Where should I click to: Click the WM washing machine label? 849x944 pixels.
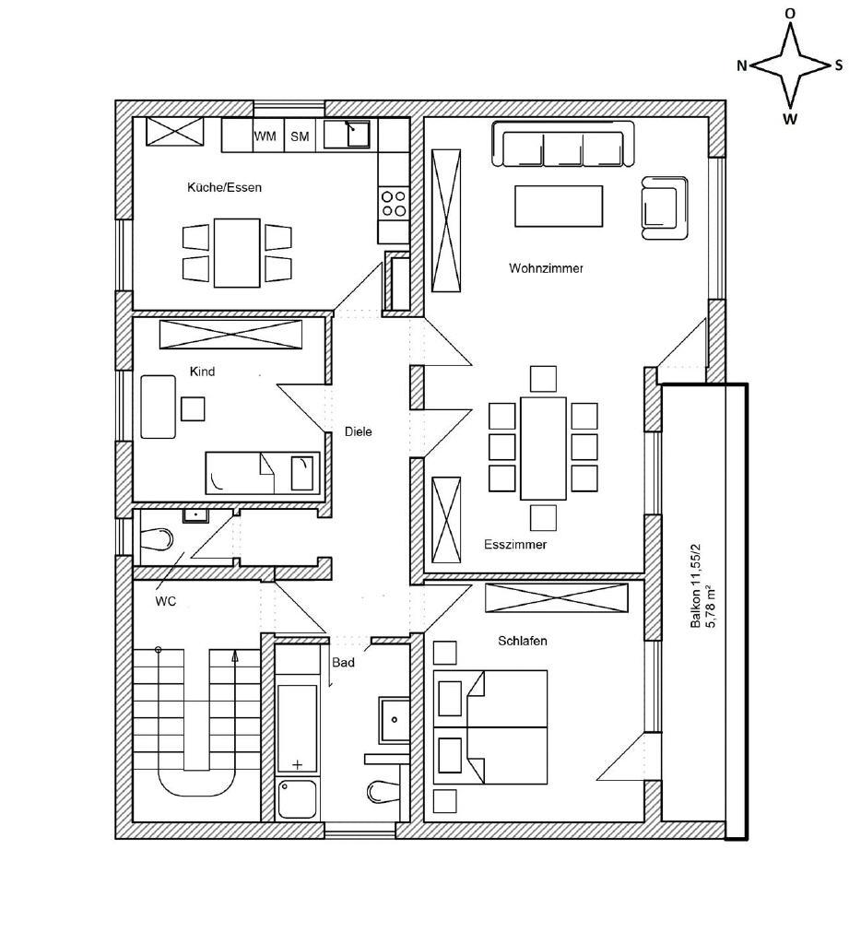[265, 136]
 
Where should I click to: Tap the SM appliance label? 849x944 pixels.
[300, 136]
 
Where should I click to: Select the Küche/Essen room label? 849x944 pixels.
[225, 187]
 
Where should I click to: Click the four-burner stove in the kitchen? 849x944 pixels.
[394, 203]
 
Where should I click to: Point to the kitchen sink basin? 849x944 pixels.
[358, 135]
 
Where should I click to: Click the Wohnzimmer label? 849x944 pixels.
[546, 268]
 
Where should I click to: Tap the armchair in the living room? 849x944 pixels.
[665, 207]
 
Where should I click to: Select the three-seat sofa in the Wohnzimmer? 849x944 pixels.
[563, 143]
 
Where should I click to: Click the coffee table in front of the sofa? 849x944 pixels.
[559, 206]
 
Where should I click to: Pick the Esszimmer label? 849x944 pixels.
[515, 545]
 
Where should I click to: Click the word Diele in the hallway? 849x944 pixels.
[359, 431]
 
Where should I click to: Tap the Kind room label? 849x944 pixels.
[202, 372]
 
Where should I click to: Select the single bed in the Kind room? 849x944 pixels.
[263, 473]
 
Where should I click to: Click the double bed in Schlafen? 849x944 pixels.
[490, 726]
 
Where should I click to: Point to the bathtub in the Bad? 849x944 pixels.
[297, 728]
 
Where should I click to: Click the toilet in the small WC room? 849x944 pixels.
[157, 538]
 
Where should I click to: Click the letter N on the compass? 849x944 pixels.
[742, 66]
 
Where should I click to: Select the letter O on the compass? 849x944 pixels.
[790, 13]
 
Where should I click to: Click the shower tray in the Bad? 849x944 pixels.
[297, 799]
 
